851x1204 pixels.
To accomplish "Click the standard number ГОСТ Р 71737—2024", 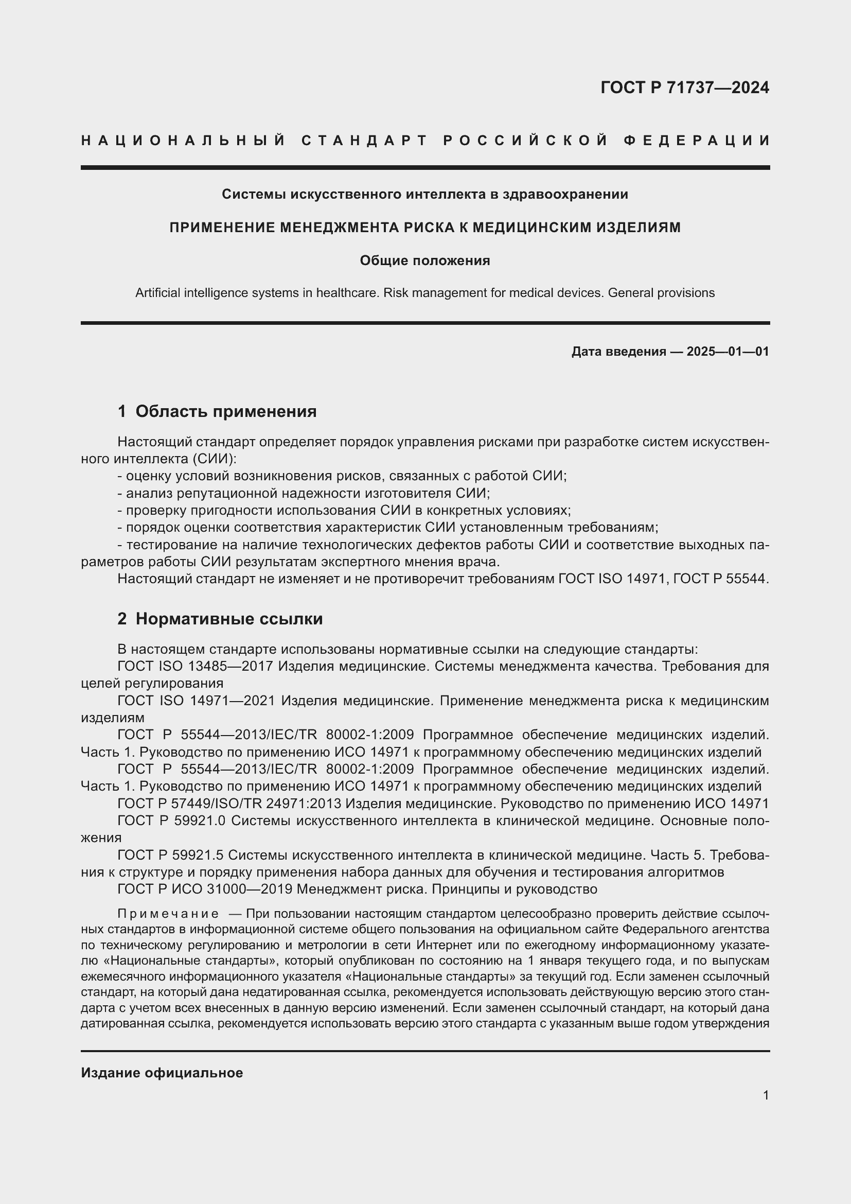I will pos(684,88).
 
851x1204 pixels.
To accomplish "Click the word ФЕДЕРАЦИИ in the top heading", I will pos(697,141).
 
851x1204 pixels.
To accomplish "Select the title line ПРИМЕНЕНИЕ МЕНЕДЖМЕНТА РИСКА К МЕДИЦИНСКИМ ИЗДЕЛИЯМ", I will pos(425,228).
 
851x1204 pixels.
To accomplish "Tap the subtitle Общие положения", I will pos(425,260).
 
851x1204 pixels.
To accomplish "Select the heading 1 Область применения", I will pos(217,412).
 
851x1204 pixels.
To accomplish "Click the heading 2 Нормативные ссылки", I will pos(220,619).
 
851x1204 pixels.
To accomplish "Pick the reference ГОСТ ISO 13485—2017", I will pos(195,667).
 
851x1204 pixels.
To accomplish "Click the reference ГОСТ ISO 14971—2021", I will pos(196,701).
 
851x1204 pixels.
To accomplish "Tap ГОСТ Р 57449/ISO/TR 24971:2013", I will pos(229,804).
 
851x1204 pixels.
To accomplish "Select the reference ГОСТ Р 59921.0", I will pos(171,821).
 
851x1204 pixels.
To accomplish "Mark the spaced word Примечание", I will pos(168,914).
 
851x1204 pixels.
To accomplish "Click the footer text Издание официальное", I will pos(162,1073).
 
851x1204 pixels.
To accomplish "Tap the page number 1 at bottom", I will pos(766,1095).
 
